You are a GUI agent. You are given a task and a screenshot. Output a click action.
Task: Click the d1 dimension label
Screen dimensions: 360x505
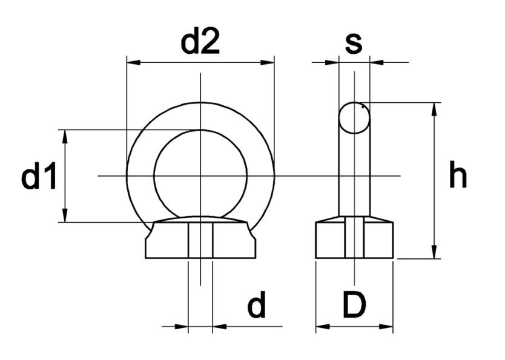click(x=39, y=178)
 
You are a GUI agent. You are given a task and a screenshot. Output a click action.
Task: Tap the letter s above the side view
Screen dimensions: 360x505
click(x=353, y=42)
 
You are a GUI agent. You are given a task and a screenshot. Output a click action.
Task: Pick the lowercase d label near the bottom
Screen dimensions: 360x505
click(x=256, y=307)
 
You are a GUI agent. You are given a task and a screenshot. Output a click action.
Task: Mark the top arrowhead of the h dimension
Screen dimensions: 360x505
click(x=434, y=110)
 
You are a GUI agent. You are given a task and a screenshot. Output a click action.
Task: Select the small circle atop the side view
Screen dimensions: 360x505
click(x=354, y=117)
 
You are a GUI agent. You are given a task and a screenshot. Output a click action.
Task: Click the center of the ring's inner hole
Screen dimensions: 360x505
click(x=200, y=176)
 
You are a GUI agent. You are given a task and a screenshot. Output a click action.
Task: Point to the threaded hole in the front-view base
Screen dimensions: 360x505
click(x=200, y=240)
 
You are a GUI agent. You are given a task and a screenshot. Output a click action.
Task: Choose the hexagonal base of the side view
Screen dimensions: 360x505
click(x=354, y=240)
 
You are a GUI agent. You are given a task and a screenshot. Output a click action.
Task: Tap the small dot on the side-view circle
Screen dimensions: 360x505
click(x=363, y=106)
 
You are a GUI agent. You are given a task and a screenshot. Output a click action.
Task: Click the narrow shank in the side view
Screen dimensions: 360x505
click(x=354, y=175)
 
